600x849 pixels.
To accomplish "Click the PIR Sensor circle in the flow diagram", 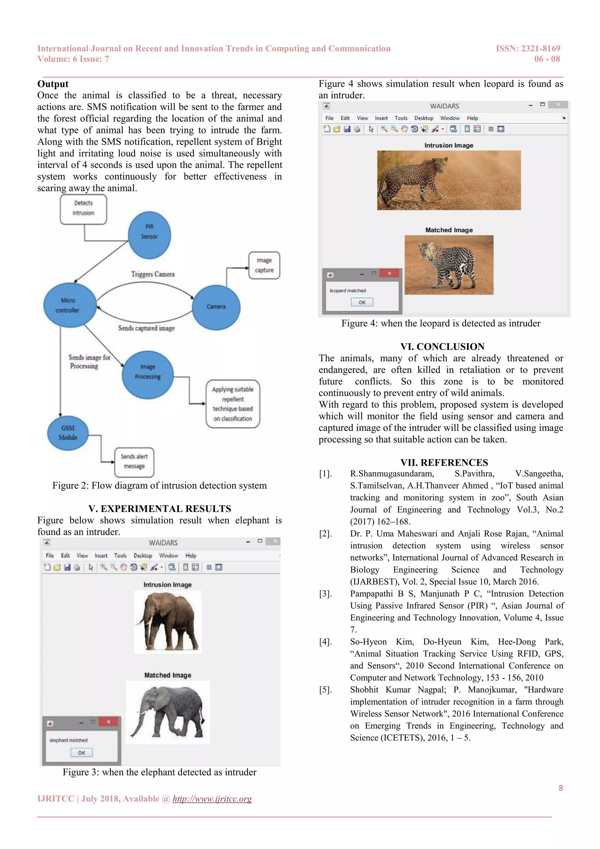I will pos(149,235).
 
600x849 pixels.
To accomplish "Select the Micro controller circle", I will pos(69,305).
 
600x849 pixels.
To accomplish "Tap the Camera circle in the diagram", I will pos(216,307).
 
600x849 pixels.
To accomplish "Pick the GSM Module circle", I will pos(68,433).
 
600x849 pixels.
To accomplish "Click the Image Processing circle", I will pos(147,374).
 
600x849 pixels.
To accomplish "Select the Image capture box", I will pos(264,265).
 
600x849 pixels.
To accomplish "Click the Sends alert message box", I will pos(134,462).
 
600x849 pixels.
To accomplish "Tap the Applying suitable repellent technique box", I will pos(233,404).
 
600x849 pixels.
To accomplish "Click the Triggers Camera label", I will pos(153,274).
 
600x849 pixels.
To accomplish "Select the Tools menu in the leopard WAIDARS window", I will pos(401,118).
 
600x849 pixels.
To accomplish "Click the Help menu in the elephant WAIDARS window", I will pos(191,555).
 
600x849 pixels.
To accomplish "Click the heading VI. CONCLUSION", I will pos(442,346).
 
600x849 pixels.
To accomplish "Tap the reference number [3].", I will pos(325,594).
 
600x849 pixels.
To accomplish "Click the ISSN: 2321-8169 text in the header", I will pos(528,48).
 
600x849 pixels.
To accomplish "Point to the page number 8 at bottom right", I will pos(560,788).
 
